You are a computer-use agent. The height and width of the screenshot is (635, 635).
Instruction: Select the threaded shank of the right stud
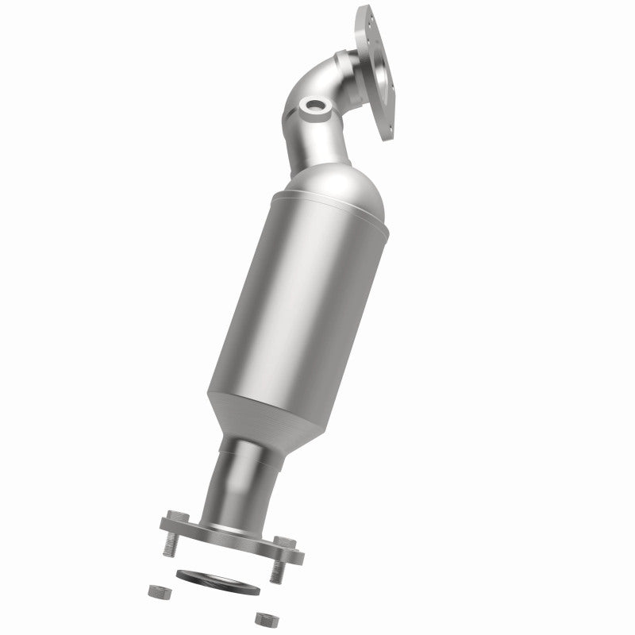[x=279, y=569]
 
